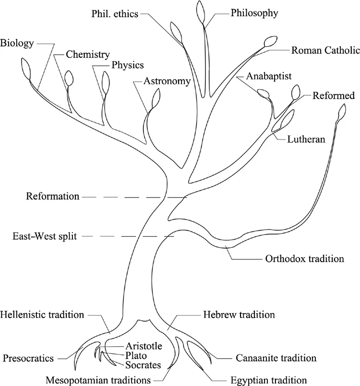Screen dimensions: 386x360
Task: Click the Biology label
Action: pos(17,44)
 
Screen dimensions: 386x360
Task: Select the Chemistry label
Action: pos(88,55)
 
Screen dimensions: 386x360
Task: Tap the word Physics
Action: pos(127,65)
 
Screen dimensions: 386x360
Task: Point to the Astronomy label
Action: pos(167,81)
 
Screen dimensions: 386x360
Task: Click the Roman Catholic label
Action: pos(325,50)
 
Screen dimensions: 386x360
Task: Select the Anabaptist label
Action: pos(269,76)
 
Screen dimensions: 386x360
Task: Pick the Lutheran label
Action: pos(307,140)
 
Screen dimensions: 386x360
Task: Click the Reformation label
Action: pos(53,196)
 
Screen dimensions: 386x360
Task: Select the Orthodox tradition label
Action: pos(304,259)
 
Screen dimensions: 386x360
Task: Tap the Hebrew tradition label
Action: pos(239,315)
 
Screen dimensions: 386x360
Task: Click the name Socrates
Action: pos(144,365)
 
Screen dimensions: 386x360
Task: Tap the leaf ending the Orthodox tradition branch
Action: pos(342,113)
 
